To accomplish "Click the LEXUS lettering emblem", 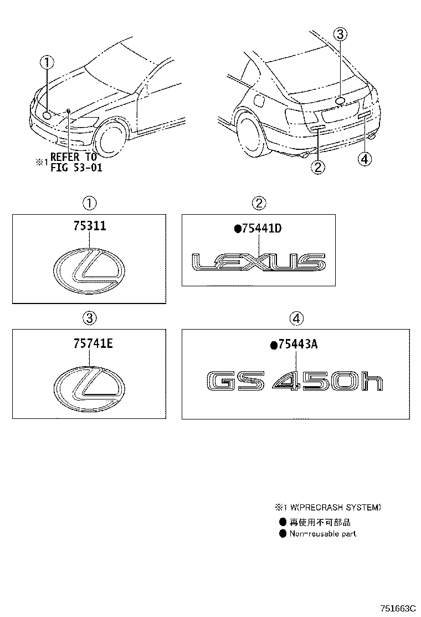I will [x=258, y=262].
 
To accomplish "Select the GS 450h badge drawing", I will [x=294, y=382].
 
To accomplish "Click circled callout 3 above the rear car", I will [x=340, y=34].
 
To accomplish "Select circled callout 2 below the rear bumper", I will [x=317, y=166].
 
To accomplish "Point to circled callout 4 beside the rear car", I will [x=363, y=159].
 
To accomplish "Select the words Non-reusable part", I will [x=323, y=534].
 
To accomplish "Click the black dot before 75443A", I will [x=273, y=346].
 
